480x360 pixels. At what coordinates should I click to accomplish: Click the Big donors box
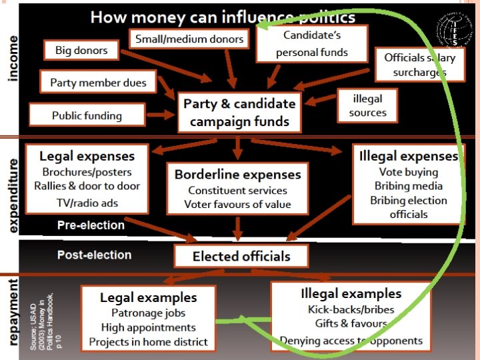81,50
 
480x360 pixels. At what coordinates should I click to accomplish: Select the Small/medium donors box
189,39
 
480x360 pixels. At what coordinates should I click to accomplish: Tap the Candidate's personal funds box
312,43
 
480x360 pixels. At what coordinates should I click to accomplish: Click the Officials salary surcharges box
419,65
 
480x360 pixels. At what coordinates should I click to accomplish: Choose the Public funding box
87,115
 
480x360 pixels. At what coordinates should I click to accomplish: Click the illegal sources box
367,105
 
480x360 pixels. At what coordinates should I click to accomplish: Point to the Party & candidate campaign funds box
239,112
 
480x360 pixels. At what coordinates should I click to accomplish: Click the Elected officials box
241,257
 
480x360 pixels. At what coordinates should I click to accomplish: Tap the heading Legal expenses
87,157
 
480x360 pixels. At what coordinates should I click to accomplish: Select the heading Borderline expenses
237,175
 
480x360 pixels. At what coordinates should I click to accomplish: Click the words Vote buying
409,172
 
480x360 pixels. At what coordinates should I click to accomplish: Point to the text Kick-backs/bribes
351,309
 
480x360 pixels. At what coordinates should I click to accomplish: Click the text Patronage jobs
148,312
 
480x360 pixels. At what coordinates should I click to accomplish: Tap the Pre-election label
91,225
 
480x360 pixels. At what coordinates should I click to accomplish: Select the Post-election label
94,255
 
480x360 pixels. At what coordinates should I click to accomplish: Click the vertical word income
13,59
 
